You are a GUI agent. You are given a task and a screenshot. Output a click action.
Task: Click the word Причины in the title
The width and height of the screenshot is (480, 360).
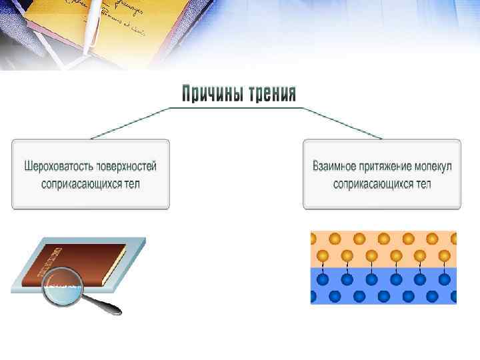(211, 93)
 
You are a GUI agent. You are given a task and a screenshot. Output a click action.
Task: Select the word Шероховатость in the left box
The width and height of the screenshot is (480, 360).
(56, 165)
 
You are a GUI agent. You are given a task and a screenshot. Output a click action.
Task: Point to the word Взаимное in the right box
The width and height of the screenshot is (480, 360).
(335, 165)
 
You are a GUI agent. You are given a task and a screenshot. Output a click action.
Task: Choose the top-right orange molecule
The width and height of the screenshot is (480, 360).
(450, 239)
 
